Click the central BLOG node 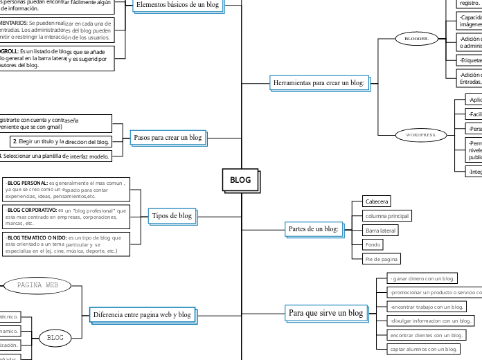coord(240,180)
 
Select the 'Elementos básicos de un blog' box coord(177,5)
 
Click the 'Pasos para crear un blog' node coord(167,137)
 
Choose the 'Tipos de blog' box coord(171,215)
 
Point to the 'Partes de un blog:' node coord(313,228)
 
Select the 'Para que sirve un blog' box coord(325,313)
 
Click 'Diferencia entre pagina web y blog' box coord(141,314)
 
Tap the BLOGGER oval coord(417,39)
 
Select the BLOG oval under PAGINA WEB coord(55,338)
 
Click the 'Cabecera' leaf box coord(377,201)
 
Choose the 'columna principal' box coord(386,215)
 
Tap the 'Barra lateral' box coord(380,230)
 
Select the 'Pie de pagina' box coord(382,258)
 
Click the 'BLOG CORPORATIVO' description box coord(65,217)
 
